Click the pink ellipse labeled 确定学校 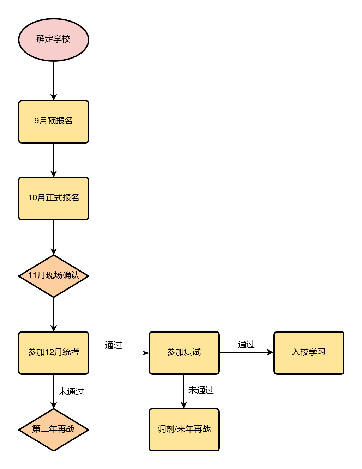pos(54,40)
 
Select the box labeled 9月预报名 pos(54,122)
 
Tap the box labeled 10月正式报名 pos(54,199)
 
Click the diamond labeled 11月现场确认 pos(54,276)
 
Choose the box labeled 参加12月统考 pos(54,353)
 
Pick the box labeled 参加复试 pos(184,353)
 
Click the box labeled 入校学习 pos(309,353)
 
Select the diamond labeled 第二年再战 pos(54,430)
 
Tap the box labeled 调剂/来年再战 pos(184,430)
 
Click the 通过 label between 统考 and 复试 pos(114,345)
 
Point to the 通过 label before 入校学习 pos(246,345)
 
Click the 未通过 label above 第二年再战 pos(71,392)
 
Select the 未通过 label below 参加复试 pos(201,390)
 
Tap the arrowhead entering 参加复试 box pos(146,353)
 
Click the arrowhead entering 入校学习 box pos(270,352)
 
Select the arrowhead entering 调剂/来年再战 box pos(184,405)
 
